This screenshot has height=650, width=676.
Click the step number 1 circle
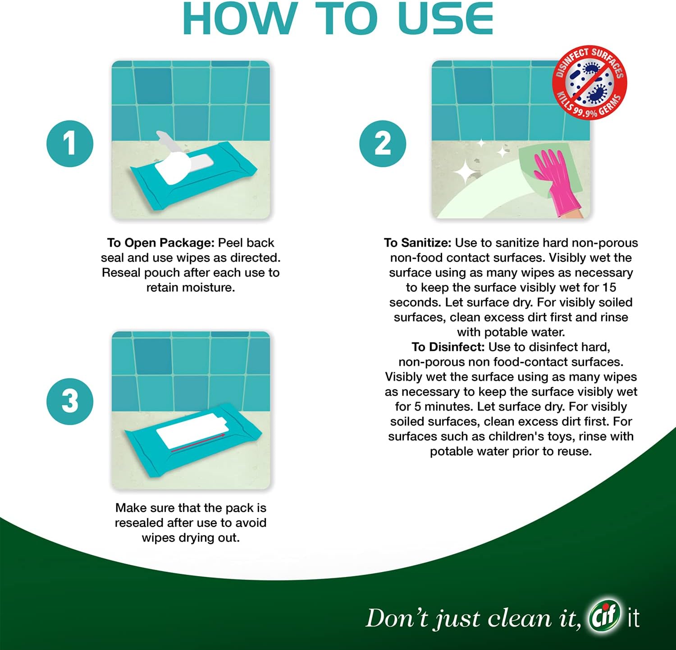click(70, 144)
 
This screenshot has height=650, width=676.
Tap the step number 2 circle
click(383, 144)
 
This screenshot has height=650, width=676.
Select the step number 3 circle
click(70, 401)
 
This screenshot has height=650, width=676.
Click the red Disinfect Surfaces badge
click(589, 82)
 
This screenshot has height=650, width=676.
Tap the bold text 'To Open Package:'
click(160, 243)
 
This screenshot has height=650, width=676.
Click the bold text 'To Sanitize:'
click(417, 243)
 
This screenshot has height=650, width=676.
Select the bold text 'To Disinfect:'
click(448, 347)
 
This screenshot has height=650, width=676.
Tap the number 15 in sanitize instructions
click(609, 288)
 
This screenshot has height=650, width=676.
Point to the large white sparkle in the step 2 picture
click(466, 173)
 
